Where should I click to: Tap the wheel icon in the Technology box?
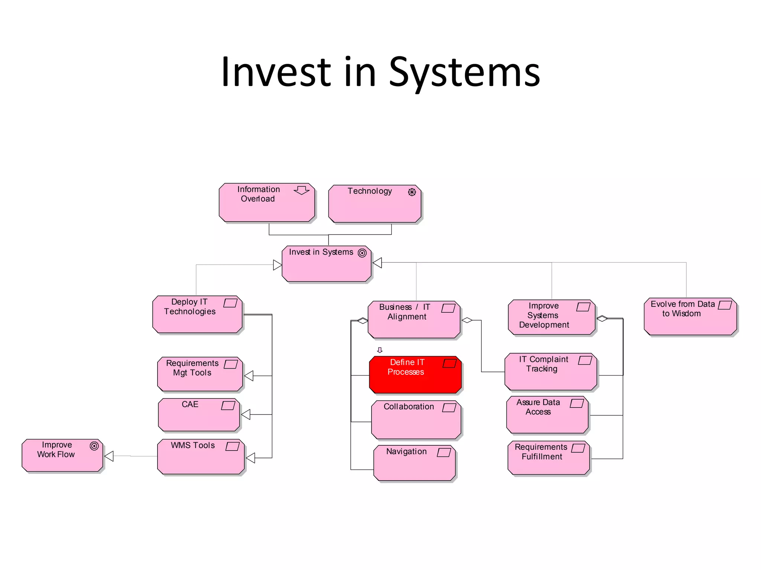tap(412, 192)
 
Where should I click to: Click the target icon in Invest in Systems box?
tap(362, 253)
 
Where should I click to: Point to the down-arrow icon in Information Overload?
tap(301, 190)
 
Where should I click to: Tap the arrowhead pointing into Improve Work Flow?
tap(109, 456)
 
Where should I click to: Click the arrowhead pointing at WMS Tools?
tap(251, 458)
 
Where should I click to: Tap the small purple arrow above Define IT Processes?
tap(380, 350)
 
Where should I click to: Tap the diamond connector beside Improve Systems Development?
tap(602, 318)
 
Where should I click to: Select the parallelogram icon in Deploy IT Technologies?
tap(230, 303)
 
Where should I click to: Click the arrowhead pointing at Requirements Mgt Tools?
tap(249, 376)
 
